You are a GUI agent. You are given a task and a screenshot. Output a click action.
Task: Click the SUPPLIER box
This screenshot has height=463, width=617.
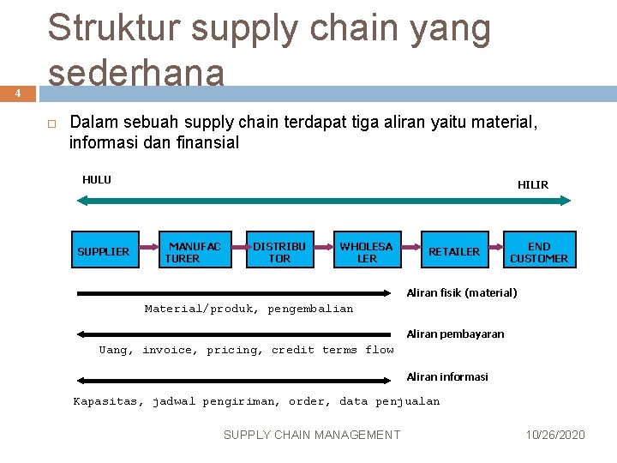[x=103, y=251]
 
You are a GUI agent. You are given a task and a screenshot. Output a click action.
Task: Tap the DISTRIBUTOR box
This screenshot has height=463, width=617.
[x=279, y=251]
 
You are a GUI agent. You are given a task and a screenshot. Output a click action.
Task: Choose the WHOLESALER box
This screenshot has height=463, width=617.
[x=367, y=251]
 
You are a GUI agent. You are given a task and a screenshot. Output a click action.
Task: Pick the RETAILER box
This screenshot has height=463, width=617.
[x=454, y=251]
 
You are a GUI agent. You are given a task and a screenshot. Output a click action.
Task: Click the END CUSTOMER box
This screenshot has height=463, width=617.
[x=539, y=251]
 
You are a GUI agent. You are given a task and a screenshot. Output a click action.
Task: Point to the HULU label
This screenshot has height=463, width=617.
[x=97, y=180]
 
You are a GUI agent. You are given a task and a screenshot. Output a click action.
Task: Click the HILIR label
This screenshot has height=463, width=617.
[x=533, y=184]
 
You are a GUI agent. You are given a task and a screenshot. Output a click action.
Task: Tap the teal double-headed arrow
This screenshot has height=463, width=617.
[x=324, y=200]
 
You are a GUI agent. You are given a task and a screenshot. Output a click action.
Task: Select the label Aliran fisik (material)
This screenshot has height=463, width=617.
[x=461, y=293]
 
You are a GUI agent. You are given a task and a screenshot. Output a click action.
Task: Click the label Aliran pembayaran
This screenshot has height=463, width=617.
[x=455, y=334]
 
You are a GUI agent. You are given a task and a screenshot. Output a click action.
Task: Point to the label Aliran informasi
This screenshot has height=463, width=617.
[x=447, y=376]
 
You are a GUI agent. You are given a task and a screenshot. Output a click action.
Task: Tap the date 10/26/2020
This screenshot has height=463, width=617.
[x=555, y=436]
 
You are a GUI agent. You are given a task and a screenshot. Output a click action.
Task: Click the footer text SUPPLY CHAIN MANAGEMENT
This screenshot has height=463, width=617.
[x=311, y=436]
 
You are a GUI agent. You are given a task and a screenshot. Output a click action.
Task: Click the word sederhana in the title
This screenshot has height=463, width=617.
[x=136, y=73]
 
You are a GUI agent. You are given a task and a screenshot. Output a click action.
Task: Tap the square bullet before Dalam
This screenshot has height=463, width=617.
[x=51, y=123]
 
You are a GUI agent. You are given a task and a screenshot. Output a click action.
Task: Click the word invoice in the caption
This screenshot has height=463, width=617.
[x=168, y=350]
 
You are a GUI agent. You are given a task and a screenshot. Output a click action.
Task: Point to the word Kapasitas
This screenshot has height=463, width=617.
[x=108, y=401]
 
